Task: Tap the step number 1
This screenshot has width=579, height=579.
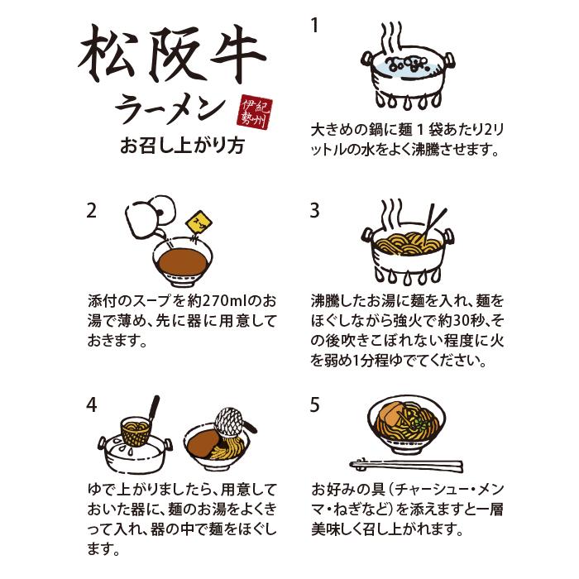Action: tap(314, 26)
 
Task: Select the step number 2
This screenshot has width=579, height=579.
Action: tap(91, 211)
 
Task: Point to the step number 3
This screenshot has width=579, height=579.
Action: tap(314, 211)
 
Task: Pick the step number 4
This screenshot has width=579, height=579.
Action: tap(92, 405)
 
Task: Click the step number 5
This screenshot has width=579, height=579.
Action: tap(314, 405)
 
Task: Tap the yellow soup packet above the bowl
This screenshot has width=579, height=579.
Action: tap(199, 224)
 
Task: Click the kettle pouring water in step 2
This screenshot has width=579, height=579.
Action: tap(150, 216)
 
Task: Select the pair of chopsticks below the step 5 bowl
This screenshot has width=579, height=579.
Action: tap(406, 465)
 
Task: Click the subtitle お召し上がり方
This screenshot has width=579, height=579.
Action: tap(182, 145)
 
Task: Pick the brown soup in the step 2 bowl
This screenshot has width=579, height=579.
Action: tap(183, 261)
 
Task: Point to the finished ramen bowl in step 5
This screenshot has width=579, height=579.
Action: tap(407, 427)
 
